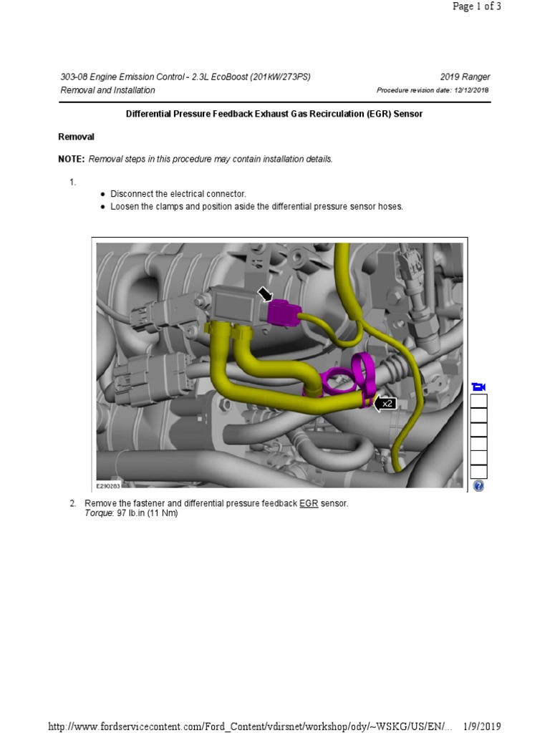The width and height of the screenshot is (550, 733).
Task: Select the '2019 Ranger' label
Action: click(x=465, y=77)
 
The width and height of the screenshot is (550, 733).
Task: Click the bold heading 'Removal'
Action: click(x=76, y=137)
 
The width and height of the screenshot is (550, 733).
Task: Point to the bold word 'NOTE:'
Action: click(x=71, y=159)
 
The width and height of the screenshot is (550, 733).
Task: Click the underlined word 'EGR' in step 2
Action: click(x=309, y=504)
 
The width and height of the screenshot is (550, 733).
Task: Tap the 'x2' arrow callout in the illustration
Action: click(x=385, y=404)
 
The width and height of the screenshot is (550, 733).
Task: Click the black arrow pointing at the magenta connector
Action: click(x=265, y=294)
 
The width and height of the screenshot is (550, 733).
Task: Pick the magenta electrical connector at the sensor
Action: click(x=282, y=311)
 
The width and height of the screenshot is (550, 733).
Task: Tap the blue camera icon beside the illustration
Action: click(x=478, y=387)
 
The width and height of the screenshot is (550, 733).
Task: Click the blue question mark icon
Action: click(x=478, y=486)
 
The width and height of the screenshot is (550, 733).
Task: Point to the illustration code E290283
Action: click(x=109, y=485)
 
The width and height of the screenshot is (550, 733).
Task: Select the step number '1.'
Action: click(x=73, y=183)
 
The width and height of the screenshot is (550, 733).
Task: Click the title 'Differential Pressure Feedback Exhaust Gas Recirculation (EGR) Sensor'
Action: click(x=274, y=115)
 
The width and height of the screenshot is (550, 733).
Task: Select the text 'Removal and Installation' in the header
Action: click(x=107, y=90)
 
